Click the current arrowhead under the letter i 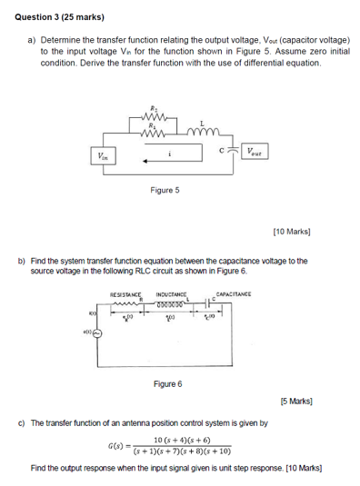pos(145,163)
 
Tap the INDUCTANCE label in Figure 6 pos(172,294)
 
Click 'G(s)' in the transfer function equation pos(118,446)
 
